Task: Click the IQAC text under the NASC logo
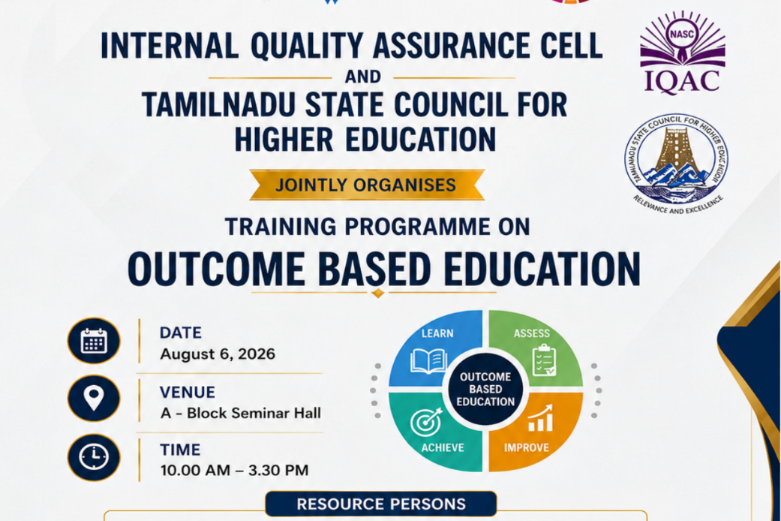tap(682, 81)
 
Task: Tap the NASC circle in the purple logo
tap(682, 34)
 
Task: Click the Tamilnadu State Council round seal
tap(676, 161)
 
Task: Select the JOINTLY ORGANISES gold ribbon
tap(367, 185)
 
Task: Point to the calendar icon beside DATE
tap(94, 341)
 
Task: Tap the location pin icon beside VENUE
tap(94, 399)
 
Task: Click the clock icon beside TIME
tap(94, 457)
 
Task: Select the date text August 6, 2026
tap(218, 354)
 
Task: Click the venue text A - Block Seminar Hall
tap(241, 413)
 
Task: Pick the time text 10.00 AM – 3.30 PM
tap(234, 470)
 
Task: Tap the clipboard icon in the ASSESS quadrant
tap(544, 360)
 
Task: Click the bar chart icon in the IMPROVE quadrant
tap(540, 418)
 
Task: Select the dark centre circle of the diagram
tap(485, 390)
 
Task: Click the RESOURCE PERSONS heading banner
tap(381, 504)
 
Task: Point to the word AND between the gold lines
tap(362, 77)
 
